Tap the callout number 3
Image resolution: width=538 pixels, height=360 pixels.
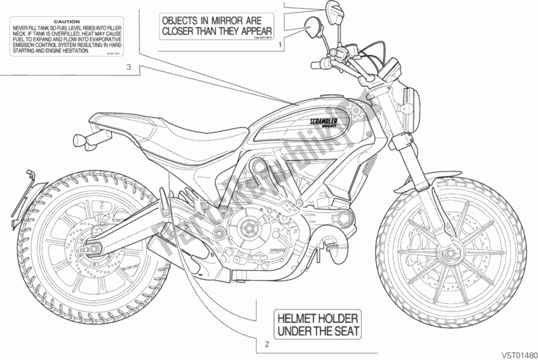(x=128, y=67)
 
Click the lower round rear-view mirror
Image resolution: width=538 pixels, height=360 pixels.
(x=314, y=28)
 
